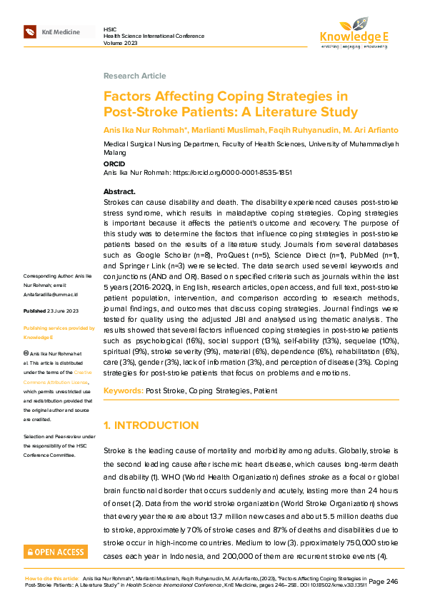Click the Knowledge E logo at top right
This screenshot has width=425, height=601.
[354, 31]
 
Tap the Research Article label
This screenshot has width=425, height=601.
[134, 76]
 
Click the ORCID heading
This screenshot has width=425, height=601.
[114, 163]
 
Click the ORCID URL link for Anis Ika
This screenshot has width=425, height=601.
[232, 173]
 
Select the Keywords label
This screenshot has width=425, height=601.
[123, 390]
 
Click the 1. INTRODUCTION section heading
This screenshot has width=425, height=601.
[151, 425]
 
